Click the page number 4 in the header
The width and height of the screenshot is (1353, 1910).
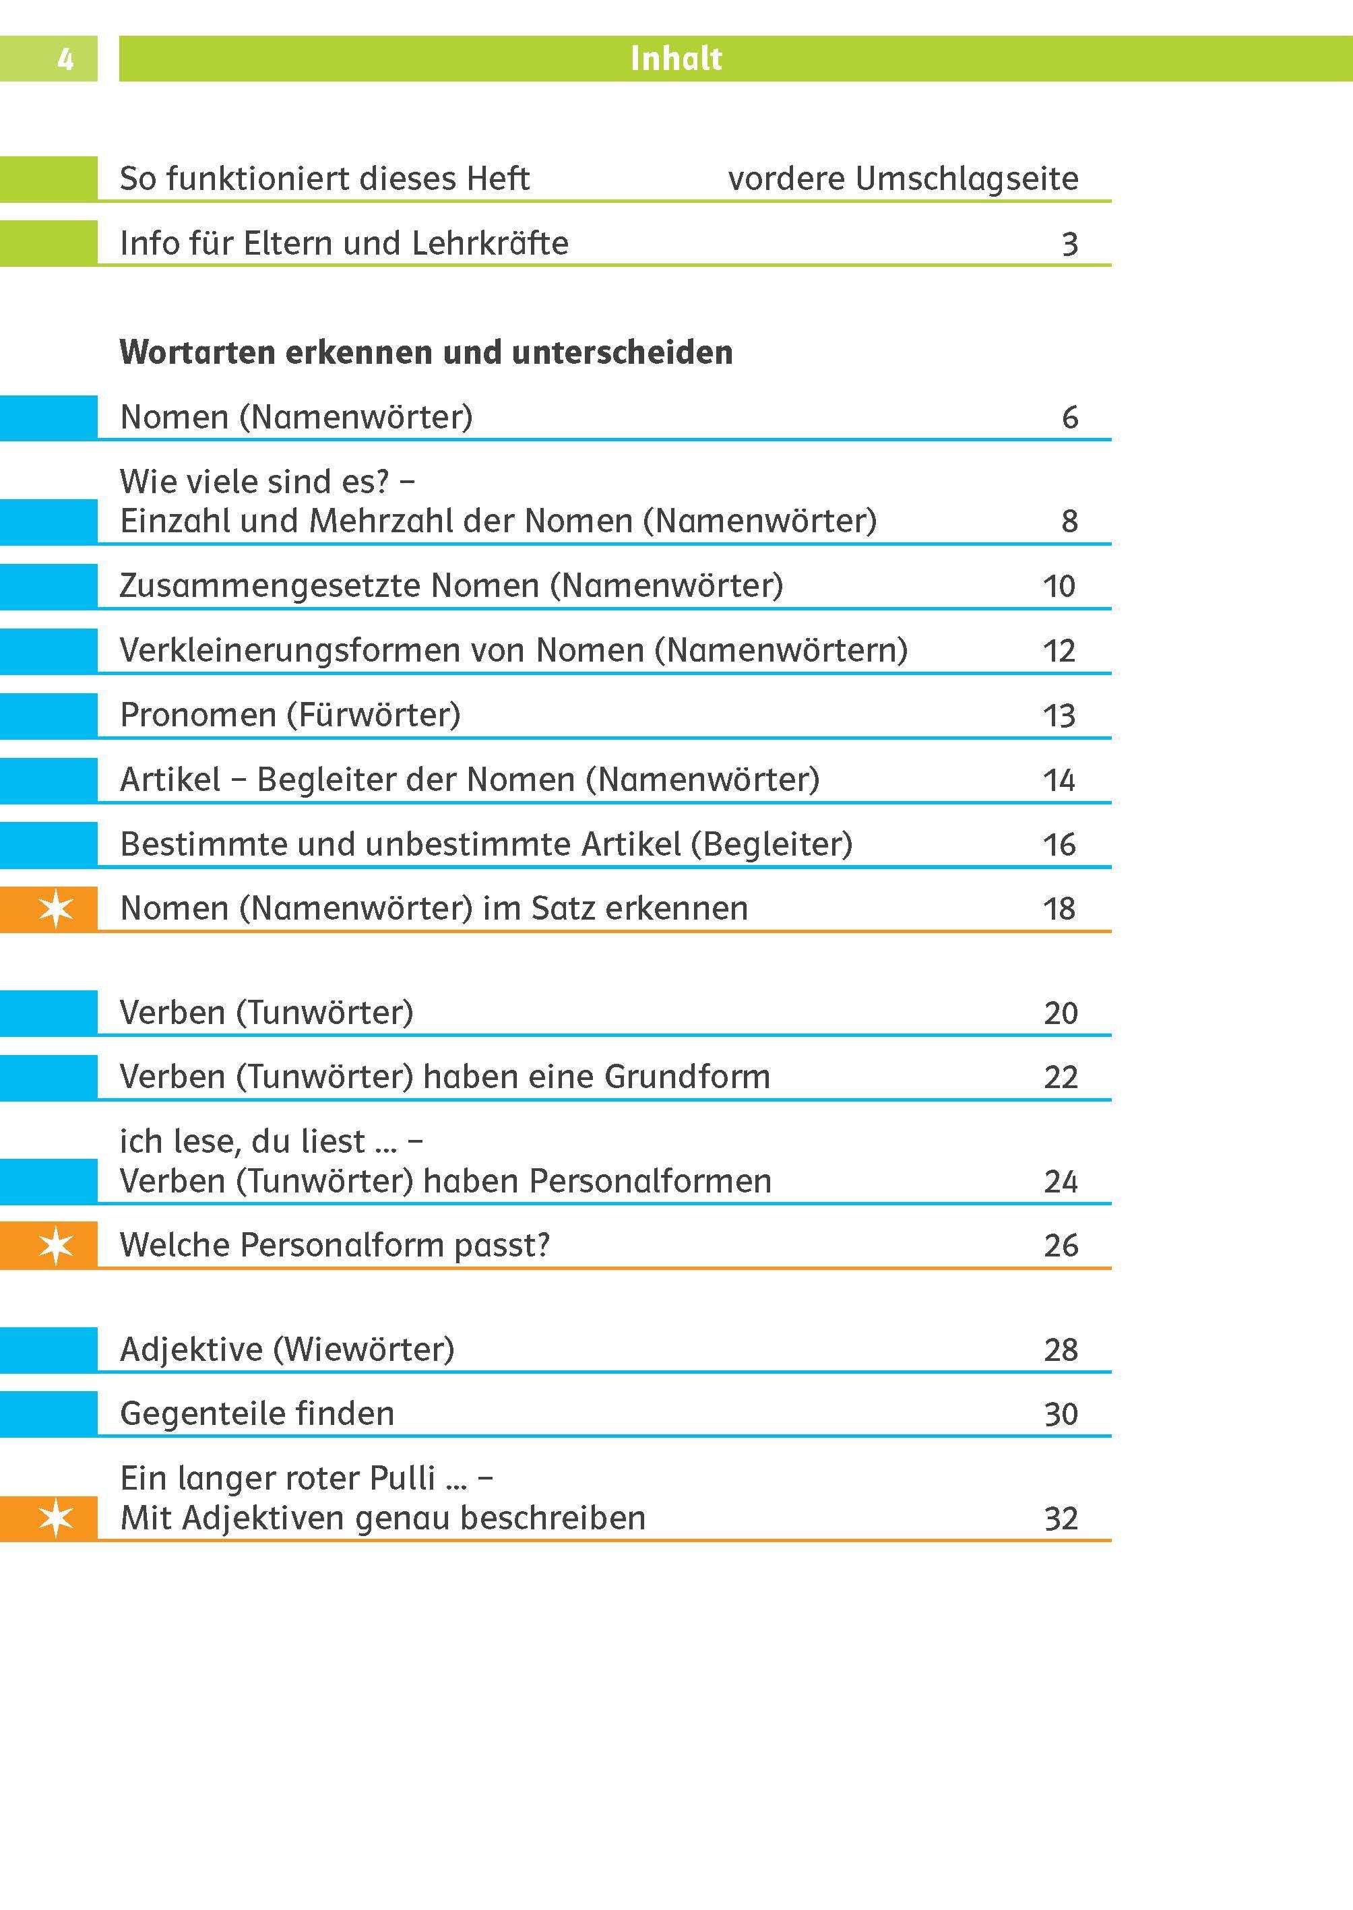(65, 59)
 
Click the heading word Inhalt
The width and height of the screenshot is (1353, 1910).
(676, 59)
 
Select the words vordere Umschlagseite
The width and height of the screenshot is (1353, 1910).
(902, 179)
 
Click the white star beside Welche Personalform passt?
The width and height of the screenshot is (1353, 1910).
(56, 1245)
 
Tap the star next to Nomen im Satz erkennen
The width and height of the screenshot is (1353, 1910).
(56, 908)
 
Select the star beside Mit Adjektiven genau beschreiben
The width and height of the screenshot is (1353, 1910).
(56, 1518)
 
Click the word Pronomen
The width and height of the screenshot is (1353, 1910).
(197, 715)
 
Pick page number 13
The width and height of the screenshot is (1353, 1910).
(1059, 715)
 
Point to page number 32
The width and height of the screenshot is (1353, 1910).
(1060, 1519)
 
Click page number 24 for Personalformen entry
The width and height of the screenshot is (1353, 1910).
(1060, 1182)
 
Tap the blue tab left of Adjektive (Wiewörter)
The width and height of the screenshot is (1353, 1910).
(49, 1350)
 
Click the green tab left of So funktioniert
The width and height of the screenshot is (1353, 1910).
(49, 179)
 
